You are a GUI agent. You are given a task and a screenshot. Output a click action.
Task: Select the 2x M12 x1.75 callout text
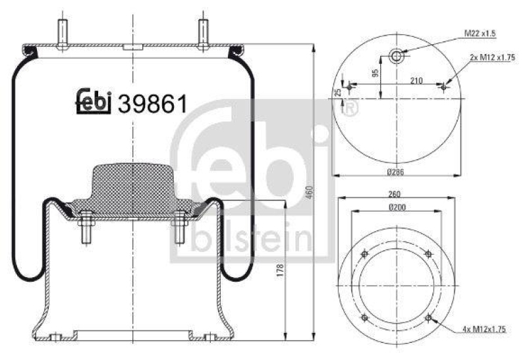[x=491, y=58]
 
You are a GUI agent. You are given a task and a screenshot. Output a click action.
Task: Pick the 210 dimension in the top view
[x=416, y=80]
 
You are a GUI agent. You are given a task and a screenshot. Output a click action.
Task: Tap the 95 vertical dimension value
[x=374, y=74]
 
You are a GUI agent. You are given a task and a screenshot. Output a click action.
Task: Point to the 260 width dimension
[x=395, y=194]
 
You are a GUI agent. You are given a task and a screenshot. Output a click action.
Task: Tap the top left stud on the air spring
[x=63, y=33]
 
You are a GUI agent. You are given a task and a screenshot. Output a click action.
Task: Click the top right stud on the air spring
[x=204, y=33]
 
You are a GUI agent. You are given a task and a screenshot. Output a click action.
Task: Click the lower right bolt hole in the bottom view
[x=429, y=319]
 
